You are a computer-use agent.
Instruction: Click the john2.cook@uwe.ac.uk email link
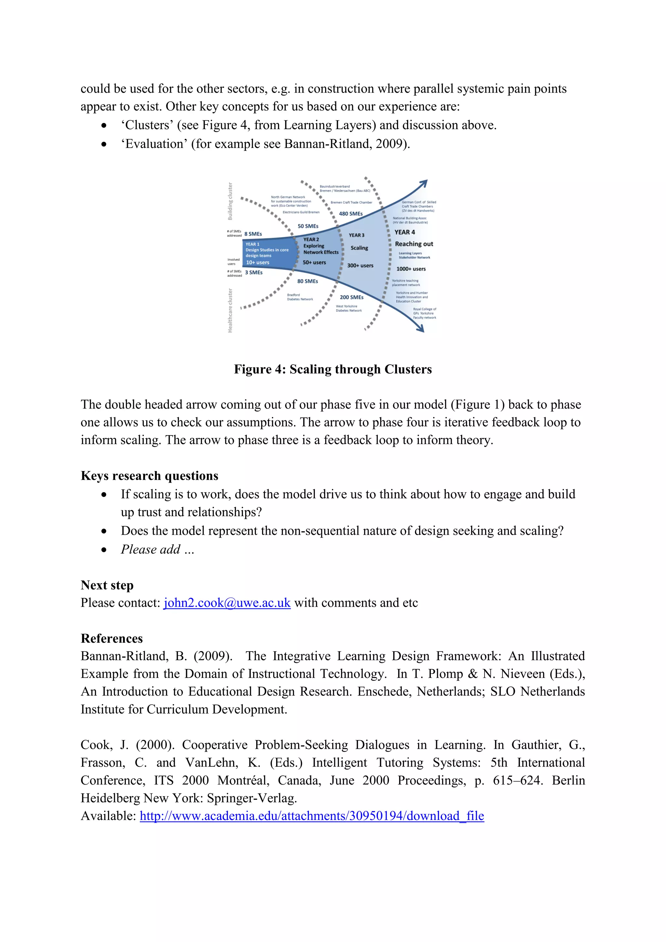[227, 603]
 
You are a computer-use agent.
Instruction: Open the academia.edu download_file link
[312, 816]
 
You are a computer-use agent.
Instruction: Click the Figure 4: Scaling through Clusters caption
[333, 369]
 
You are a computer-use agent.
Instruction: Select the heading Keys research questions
[149, 476]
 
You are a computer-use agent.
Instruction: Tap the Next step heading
[107, 585]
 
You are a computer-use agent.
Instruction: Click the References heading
[112, 639]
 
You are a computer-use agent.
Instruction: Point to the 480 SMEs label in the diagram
[351, 214]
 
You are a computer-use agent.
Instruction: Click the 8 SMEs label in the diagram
[253, 234]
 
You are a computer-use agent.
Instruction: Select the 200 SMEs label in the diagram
[352, 297]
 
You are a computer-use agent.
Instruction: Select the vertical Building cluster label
[230, 201]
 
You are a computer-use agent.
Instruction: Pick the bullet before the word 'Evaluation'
[105, 144]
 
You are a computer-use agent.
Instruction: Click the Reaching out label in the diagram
[414, 244]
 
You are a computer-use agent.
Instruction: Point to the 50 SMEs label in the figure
[308, 226]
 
